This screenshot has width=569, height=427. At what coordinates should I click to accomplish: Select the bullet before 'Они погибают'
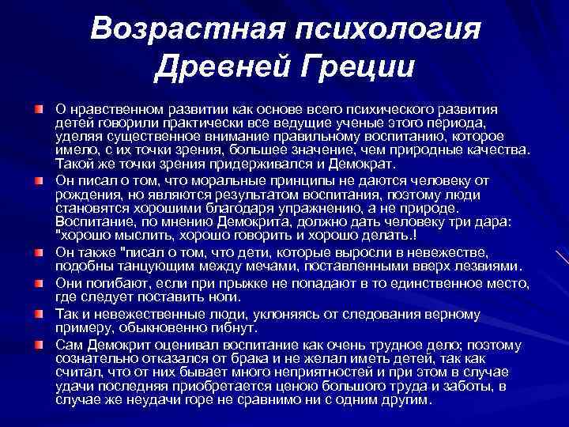38,282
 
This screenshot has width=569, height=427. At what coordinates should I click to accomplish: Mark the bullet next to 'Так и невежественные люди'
38,313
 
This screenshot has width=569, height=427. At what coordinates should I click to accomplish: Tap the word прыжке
230,283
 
